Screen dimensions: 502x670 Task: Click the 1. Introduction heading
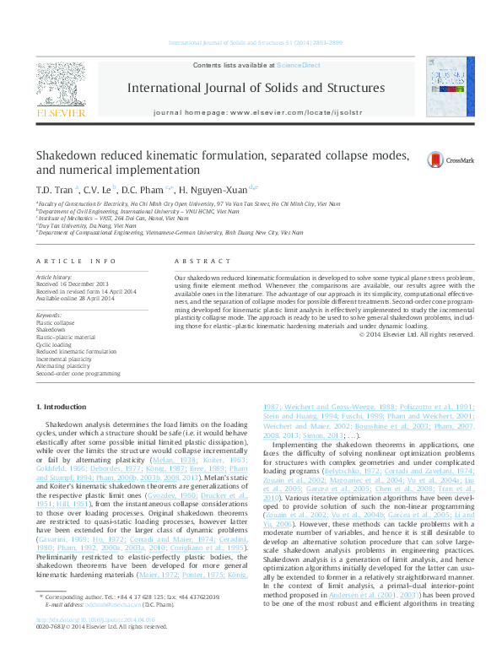click(x=67, y=408)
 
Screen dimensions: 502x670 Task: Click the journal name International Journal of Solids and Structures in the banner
click(x=256, y=87)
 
